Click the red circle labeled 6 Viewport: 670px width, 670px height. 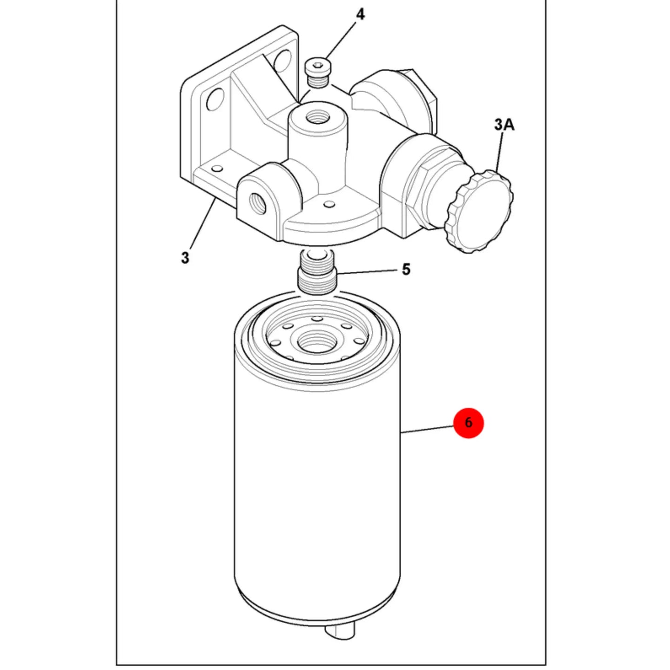(x=468, y=423)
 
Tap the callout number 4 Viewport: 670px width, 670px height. (x=360, y=14)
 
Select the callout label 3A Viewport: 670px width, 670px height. (x=504, y=125)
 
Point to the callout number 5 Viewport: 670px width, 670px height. (x=406, y=269)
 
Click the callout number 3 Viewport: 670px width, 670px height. (x=185, y=258)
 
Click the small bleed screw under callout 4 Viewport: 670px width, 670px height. (x=318, y=73)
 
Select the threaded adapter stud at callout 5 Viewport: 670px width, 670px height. (x=317, y=273)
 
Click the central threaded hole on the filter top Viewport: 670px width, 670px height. (x=317, y=342)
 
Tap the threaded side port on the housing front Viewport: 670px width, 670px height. (x=256, y=205)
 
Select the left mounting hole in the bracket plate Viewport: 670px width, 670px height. (x=215, y=100)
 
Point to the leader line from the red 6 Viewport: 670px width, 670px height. (x=427, y=429)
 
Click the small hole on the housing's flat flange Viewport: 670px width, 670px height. (x=327, y=204)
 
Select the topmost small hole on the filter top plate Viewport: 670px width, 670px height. (x=316, y=318)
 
